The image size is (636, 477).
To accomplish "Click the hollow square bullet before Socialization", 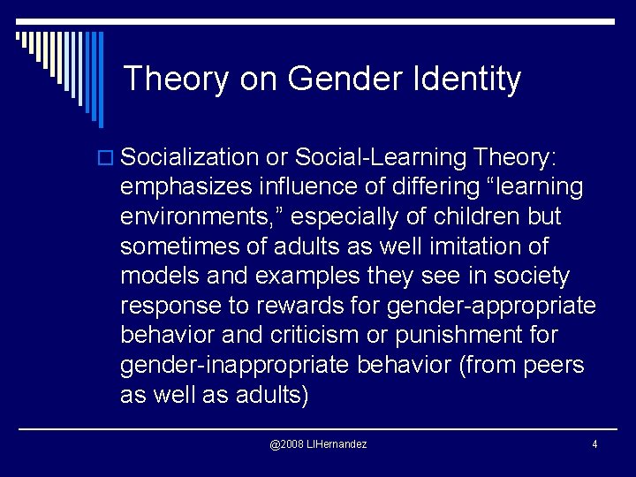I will [x=108, y=158].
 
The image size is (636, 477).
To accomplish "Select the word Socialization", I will [x=189, y=157].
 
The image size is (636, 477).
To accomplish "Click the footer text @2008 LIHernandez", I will [x=318, y=443].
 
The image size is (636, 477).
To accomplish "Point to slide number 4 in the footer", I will [x=594, y=443].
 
